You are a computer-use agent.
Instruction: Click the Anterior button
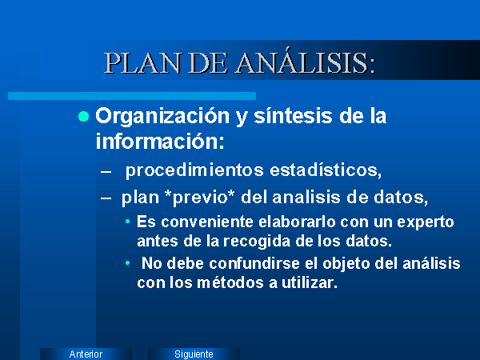tap(86, 354)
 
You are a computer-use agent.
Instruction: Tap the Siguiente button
tap(194, 354)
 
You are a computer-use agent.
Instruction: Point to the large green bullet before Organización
tap(83, 117)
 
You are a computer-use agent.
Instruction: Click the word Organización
tap(162, 117)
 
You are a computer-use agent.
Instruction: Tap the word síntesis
tap(293, 116)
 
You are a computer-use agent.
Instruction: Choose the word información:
tap(160, 141)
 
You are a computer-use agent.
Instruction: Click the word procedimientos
tap(194, 170)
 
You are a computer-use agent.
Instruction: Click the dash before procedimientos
tap(106, 171)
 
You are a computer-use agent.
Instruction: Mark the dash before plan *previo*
tap(106, 198)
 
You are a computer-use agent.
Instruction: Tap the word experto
tap(426, 222)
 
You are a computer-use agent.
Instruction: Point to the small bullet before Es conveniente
tap(128, 222)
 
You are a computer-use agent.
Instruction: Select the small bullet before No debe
tap(128, 263)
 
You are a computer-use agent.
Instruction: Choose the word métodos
tap(230, 282)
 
